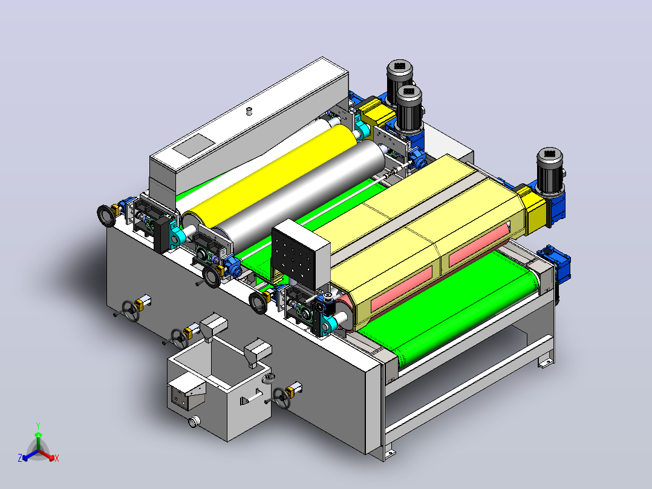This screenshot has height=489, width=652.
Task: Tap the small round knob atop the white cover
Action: coord(249,111)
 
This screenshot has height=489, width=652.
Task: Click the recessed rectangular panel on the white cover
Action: coord(194,145)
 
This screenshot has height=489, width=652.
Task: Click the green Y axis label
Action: coord(38,425)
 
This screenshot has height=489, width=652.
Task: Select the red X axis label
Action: coord(57,458)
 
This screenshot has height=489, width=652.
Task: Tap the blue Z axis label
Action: coord(20,458)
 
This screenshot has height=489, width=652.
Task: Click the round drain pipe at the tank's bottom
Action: coord(195,422)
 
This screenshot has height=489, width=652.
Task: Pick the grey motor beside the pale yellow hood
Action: coord(550,171)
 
